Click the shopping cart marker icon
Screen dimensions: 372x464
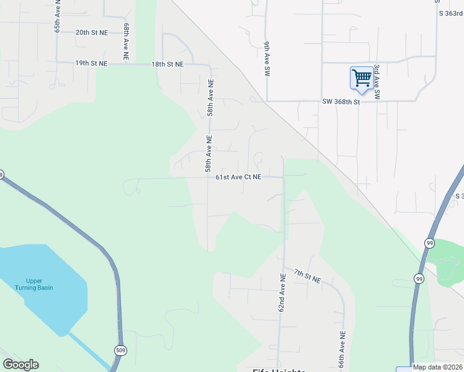pos(362,79)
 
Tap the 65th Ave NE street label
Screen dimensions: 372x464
pos(57,20)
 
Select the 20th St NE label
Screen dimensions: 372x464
pos(91,32)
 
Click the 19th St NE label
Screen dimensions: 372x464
pos(91,64)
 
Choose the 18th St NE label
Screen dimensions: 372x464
pos(167,64)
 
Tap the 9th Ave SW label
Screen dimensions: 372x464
pos(265,60)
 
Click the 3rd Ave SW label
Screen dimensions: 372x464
pos(377,82)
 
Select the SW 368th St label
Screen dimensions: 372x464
pos(341,102)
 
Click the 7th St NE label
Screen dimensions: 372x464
pos(307,277)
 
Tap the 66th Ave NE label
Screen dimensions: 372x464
pos(342,350)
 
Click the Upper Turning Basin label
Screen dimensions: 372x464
pos(35,284)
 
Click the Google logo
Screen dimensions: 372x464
pos(20,365)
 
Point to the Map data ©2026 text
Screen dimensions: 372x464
pos(437,367)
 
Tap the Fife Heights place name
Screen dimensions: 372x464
pos(279,370)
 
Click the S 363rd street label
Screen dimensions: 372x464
pos(451,13)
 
